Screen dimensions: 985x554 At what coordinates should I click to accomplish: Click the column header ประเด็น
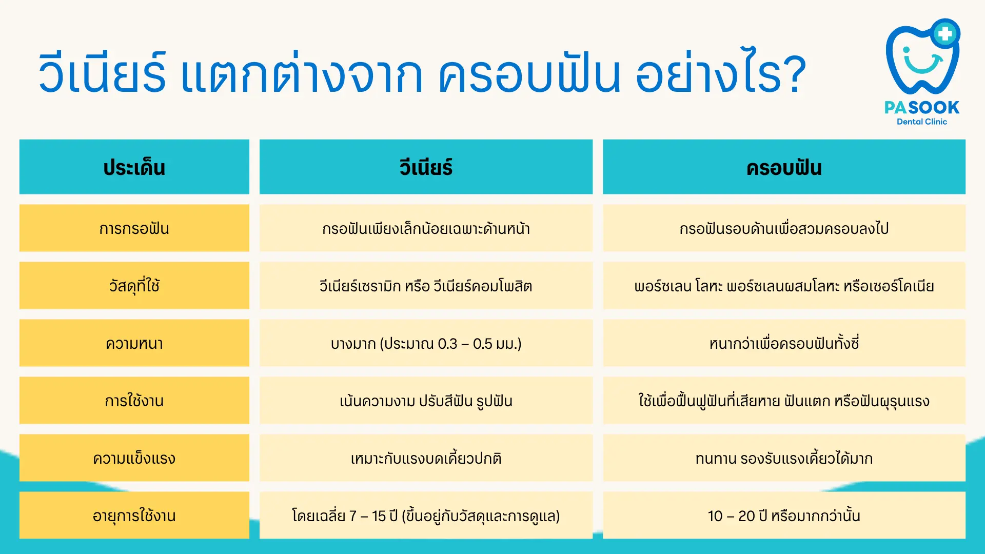click(134, 167)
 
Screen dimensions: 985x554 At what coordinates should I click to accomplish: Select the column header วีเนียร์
click(426, 167)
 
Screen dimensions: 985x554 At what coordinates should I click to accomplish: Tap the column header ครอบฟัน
click(784, 167)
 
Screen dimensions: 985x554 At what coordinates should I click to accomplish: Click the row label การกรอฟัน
click(134, 228)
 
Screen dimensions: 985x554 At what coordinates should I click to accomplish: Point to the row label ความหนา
click(134, 343)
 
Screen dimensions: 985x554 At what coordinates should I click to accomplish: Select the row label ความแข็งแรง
click(134, 458)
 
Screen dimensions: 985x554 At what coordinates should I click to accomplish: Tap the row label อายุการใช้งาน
click(134, 515)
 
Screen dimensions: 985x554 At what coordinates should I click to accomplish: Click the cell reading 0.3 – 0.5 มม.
click(426, 343)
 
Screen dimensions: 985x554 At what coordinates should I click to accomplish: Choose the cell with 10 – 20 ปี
click(784, 515)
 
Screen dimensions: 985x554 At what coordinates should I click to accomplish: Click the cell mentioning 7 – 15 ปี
click(426, 515)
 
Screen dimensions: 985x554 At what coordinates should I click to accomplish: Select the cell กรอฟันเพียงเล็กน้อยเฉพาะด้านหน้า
click(426, 228)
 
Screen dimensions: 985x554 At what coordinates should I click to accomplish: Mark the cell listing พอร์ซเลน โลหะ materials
click(784, 286)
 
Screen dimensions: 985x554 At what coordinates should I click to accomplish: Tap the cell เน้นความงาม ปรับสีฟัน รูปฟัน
click(426, 401)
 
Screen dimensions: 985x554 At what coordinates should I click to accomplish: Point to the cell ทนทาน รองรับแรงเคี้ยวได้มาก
click(784, 458)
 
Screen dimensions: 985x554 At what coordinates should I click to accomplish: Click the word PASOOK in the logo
click(922, 107)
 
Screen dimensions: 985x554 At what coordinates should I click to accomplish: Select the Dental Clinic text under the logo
click(922, 122)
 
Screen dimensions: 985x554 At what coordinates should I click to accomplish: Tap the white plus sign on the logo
click(945, 34)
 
